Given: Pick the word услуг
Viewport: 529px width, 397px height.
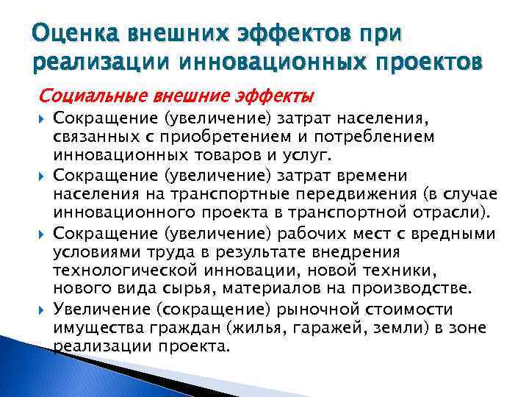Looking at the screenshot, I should (310, 156).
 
